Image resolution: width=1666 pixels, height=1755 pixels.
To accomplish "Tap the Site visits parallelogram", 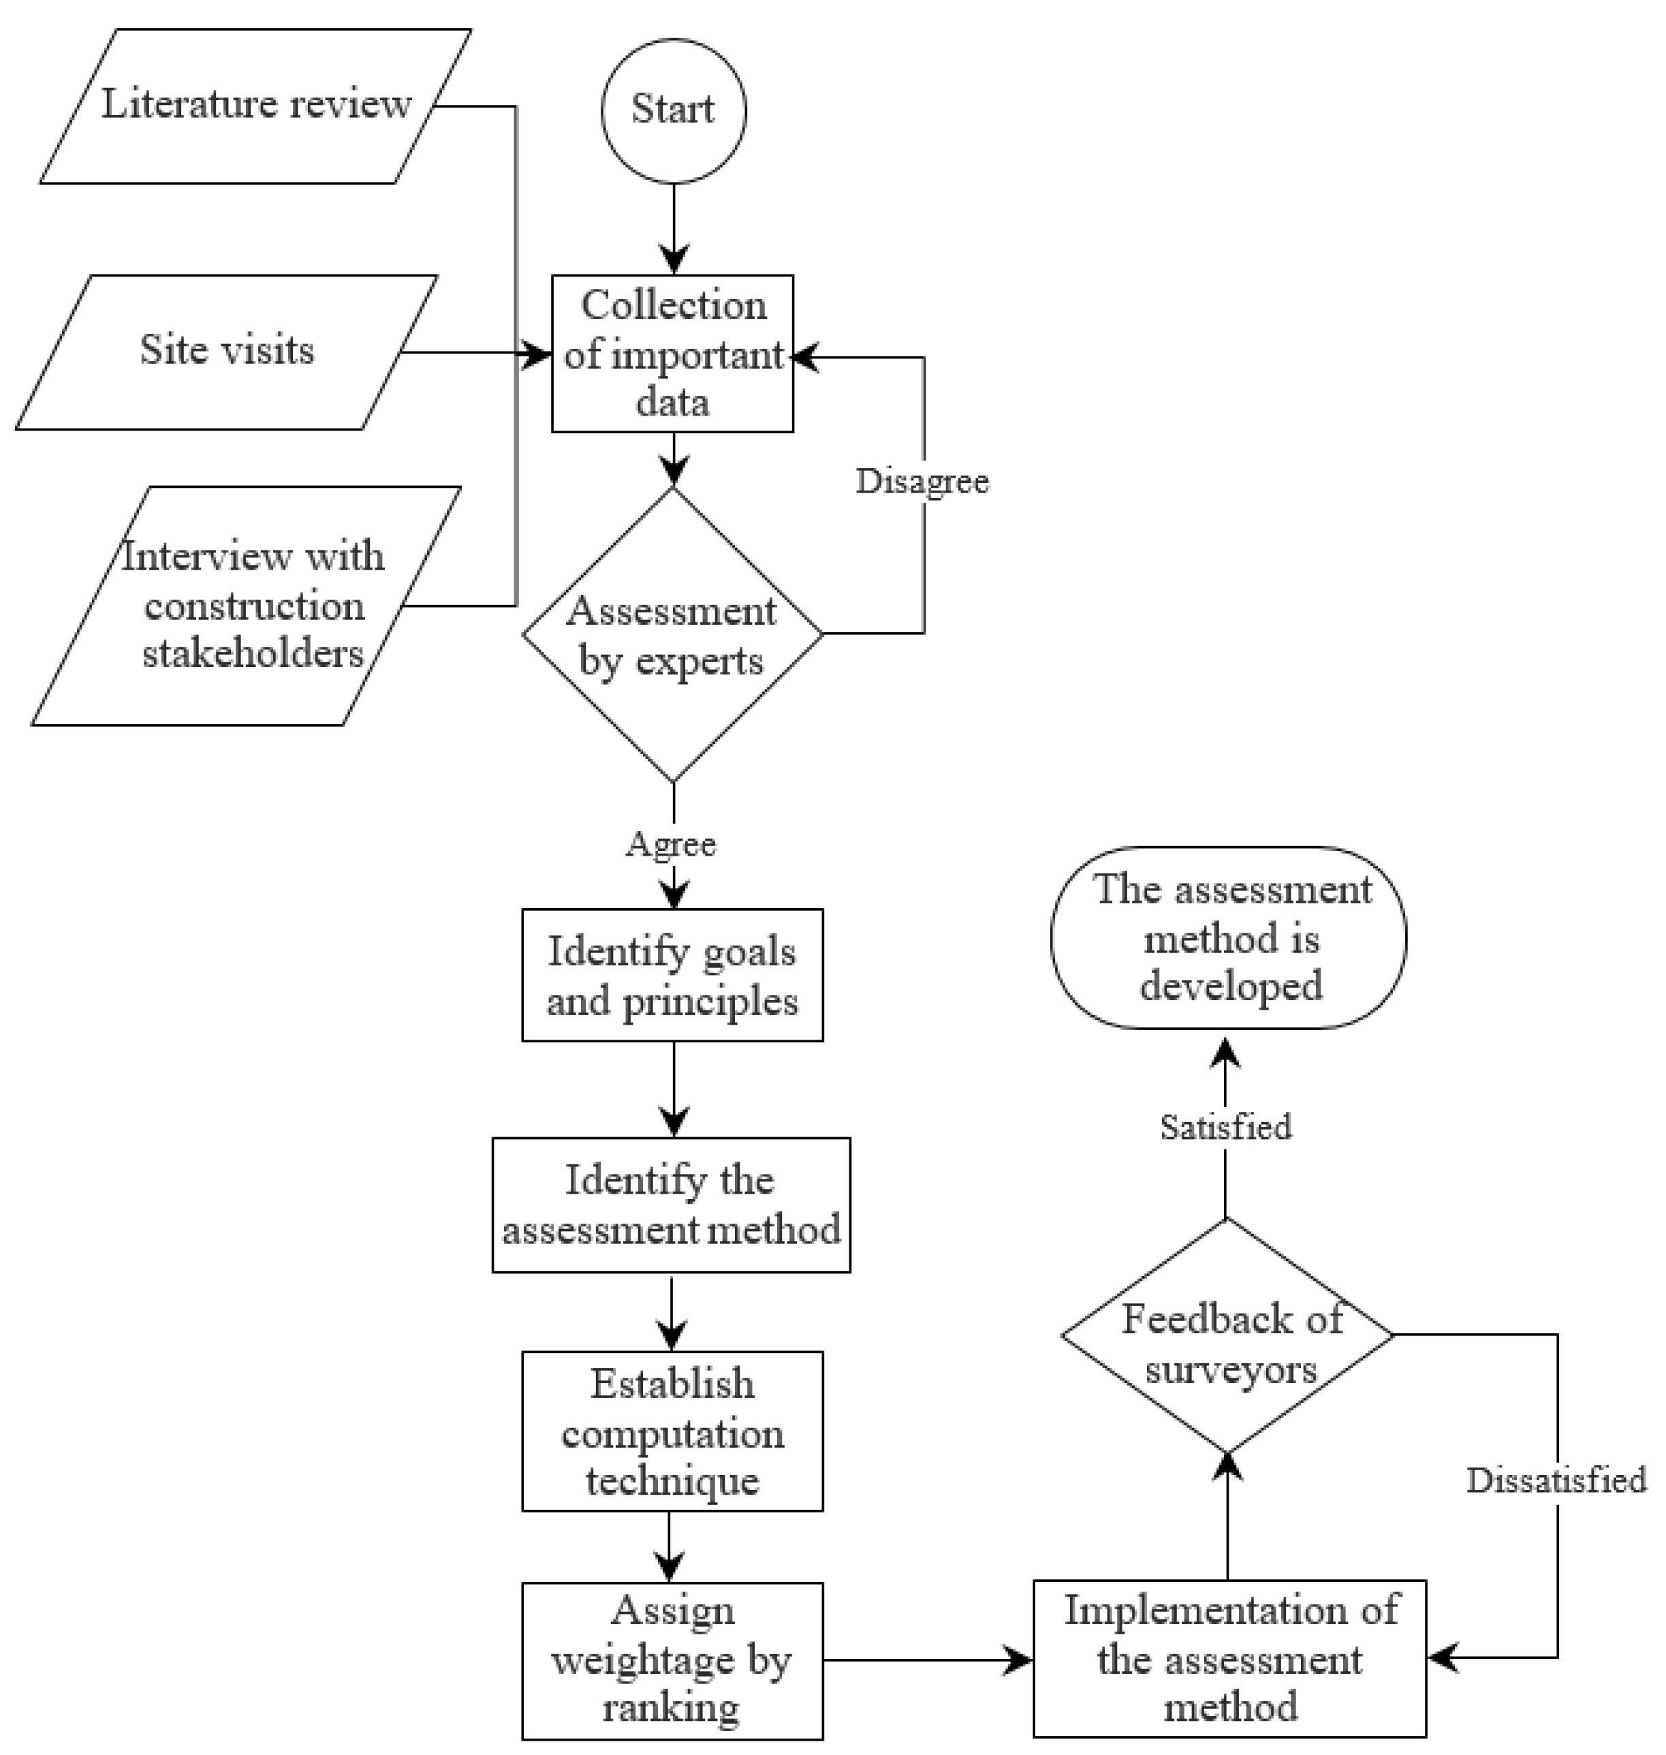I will pos(226,352).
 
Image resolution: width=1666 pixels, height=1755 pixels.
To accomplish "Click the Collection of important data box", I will pos(672,354).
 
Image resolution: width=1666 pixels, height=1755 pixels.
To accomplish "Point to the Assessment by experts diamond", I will pos(672,634).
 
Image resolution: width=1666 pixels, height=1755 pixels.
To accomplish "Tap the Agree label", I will pos(672,843).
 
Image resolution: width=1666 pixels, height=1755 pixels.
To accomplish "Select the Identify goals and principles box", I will pos(672,975).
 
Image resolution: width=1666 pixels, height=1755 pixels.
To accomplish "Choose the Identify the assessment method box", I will pos(672,1205).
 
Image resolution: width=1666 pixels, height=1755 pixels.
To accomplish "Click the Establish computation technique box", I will pos(672,1431).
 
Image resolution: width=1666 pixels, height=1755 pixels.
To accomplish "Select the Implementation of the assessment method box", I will pos(1230,1658).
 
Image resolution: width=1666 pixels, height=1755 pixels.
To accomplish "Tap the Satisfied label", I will pos(1225,1127).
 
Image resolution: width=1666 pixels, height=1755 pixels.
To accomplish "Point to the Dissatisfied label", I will pos(1556,1480).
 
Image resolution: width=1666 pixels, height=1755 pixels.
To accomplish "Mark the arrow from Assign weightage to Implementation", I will pos(928,1658).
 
